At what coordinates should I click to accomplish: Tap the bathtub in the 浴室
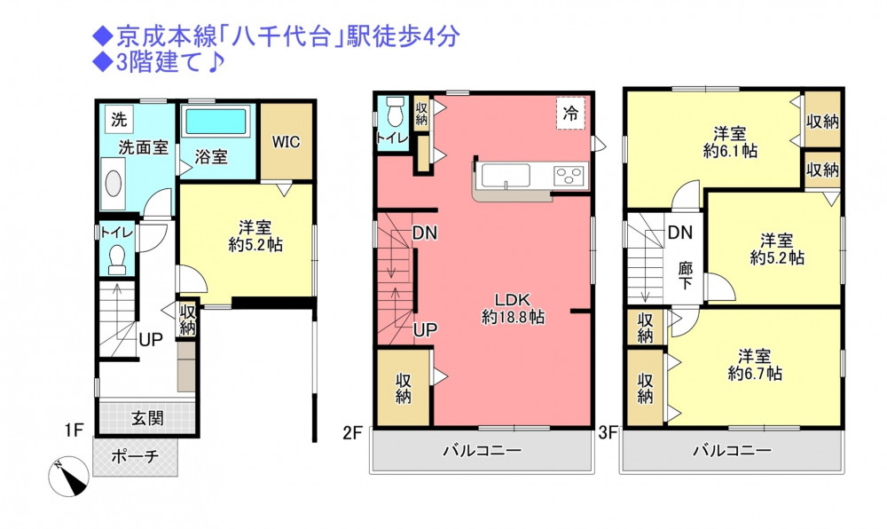(216, 122)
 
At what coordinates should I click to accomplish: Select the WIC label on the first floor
(287, 141)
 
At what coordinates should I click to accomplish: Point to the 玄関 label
(147, 418)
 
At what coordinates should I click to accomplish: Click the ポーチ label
(135, 456)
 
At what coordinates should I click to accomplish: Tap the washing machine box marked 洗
(119, 119)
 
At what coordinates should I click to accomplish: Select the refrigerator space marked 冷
(570, 113)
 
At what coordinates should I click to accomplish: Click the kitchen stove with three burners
(569, 176)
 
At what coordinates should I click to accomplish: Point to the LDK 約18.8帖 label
(513, 308)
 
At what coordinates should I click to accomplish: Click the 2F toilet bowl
(395, 112)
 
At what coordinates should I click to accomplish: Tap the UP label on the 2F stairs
(425, 330)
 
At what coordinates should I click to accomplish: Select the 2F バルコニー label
(482, 451)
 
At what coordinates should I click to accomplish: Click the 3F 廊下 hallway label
(686, 275)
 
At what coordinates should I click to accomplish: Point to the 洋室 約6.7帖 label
(755, 365)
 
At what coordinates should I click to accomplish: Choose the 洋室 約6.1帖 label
(730, 143)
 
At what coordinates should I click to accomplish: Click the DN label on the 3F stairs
(680, 233)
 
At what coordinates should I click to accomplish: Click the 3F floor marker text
(608, 433)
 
